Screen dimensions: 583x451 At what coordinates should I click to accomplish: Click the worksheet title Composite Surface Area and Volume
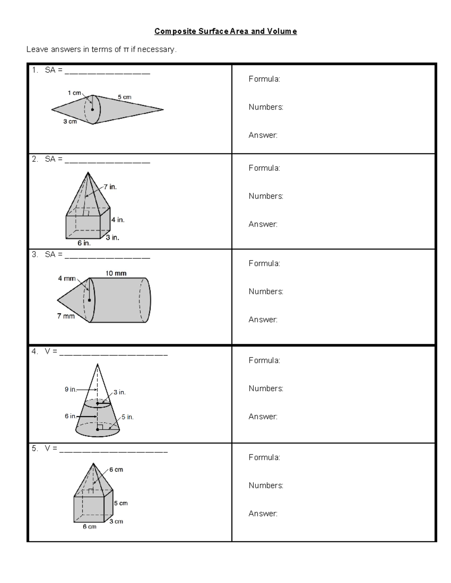225,32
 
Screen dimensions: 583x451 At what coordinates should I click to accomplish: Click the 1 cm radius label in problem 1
74,93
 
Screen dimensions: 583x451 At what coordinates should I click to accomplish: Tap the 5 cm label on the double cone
124,97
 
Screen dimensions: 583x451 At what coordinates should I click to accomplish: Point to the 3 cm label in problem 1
70,122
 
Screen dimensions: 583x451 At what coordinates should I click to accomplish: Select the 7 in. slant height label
110,187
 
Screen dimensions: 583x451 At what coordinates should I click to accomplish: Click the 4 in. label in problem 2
118,220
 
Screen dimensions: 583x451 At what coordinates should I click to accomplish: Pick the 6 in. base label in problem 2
84,243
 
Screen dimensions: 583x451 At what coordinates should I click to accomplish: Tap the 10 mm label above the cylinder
116,273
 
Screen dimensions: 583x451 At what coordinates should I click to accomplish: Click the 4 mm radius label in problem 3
67,279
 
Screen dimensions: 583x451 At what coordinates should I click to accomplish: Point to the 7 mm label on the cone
66,316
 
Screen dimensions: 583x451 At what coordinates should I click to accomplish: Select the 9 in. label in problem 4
70,390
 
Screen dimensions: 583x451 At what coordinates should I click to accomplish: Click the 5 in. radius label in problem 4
127,417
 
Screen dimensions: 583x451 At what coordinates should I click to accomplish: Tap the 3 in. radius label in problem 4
120,392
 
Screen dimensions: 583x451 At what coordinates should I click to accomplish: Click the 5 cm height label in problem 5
121,503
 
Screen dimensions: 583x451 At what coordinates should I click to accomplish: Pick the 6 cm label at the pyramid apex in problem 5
116,470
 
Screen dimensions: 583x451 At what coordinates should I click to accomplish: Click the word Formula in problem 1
264,79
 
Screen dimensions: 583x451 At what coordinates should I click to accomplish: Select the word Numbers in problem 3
266,292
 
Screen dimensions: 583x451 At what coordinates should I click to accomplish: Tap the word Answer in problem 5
263,514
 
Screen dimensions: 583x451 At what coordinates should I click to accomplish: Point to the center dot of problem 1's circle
92,110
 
